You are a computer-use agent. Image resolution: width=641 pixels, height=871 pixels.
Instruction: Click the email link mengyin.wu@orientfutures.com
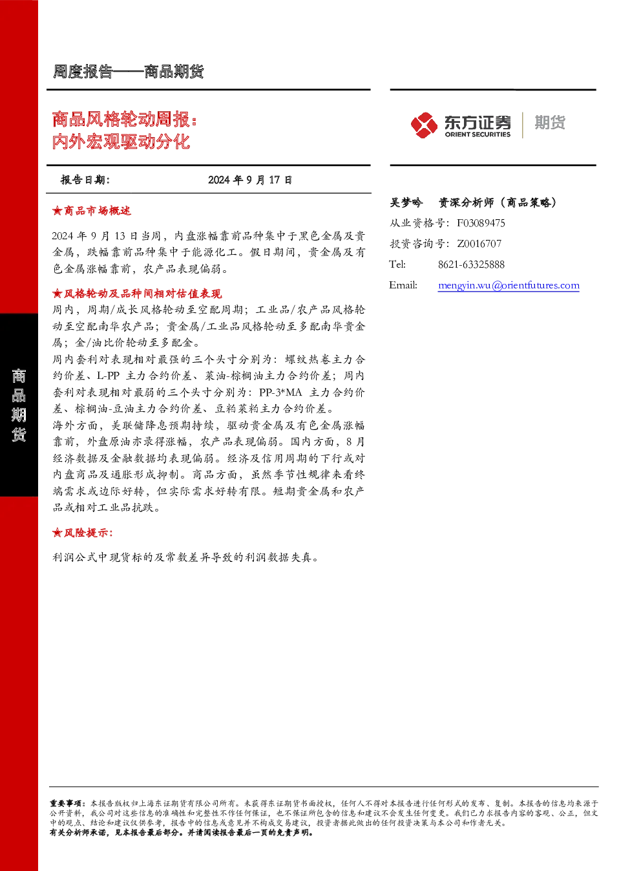[x=509, y=285]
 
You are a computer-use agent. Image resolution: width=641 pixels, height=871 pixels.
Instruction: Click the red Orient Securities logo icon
[x=425, y=125]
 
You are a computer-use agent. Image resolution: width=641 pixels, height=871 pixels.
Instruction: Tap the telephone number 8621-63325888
[x=471, y=265]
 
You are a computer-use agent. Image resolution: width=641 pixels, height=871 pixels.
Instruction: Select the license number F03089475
[x=481, y=223]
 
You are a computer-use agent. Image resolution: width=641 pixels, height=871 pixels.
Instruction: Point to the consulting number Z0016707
[x=479, y=244]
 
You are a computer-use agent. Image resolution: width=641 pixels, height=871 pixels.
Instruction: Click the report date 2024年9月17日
[x=250, y=180]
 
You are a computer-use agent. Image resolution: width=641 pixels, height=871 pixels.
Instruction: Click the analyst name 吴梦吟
[x=406, y=202]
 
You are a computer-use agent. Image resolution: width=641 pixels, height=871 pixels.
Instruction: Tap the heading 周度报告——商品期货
[x=128, y=72]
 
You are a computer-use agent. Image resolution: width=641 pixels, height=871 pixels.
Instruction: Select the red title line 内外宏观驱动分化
[x=121, y=141]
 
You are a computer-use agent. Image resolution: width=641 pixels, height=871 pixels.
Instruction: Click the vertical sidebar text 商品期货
[x=19, y=405]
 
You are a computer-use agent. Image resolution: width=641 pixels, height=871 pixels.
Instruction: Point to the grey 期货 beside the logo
[x=550, y=122]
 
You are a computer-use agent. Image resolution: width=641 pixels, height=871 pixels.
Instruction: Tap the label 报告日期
[x=85, y=180]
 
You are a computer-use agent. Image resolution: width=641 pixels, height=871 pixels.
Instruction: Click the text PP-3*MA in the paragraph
[x=280, y=392]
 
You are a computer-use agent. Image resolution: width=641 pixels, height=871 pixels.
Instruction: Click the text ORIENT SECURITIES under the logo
[x=478, y=134]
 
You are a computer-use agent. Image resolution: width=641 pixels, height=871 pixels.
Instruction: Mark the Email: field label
[x=403, y=285]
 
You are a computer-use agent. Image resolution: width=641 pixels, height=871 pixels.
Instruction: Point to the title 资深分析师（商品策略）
[x=498, y=202]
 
